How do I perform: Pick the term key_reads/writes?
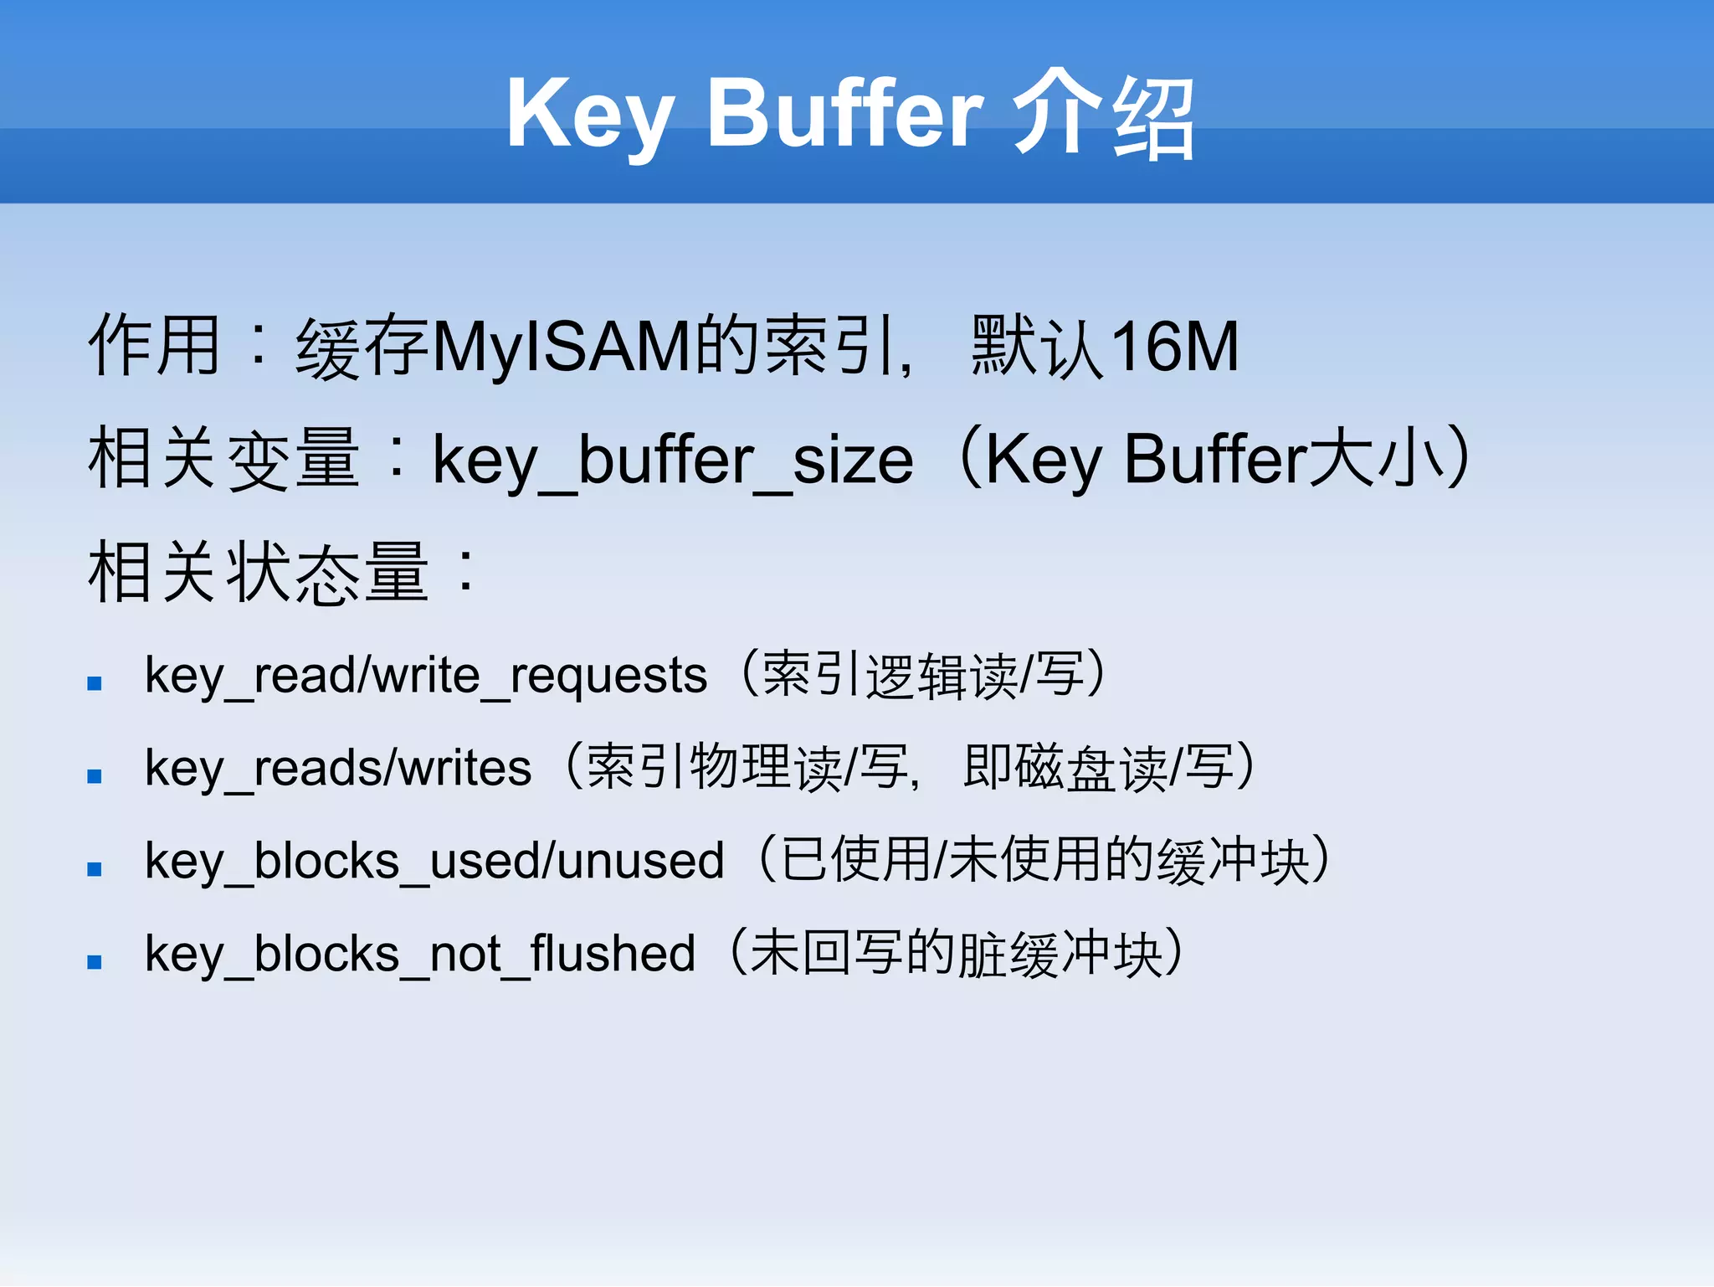(x=337, y=768)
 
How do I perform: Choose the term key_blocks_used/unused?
(x=434, y=861)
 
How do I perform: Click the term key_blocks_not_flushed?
(x=419, y=954)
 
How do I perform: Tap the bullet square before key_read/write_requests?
(x=95, y=684)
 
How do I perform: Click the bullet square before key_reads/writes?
(x=95, y=777)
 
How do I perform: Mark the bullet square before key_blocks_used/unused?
(x=95, y=870)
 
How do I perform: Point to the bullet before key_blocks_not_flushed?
(x=95, y=963)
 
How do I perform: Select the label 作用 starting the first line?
(x=155, y=346)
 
